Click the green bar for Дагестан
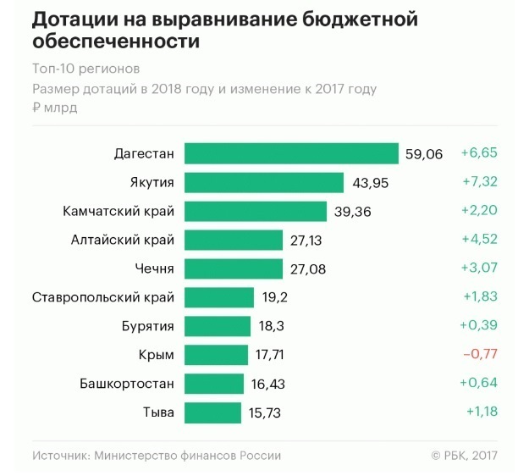(x=291, y=153)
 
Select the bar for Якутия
(x=264, y=182)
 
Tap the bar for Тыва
(x=212, y=412)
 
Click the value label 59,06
(x=424, y=154)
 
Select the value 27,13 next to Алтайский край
(x=306, y=241)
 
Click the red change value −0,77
(x=479, y=355)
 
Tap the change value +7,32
(x=478, y=182)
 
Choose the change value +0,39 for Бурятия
(x=478, y=326)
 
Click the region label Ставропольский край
(x=103, y=297)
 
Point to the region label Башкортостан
(x=127, y=384)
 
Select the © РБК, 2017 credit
(x=464, y=455)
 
